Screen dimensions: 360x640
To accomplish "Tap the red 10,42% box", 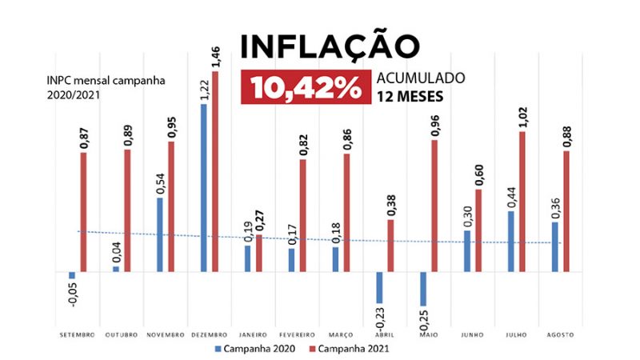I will click(x=306, y=88).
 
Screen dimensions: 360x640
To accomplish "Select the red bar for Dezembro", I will click(x=215, y=171).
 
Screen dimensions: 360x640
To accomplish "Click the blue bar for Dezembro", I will click(x=204, y=187).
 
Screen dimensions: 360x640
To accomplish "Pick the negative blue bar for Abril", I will click(x=380, y=287).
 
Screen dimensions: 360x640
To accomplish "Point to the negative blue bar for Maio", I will click(x=424, y=289).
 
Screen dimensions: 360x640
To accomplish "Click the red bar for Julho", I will click(x=522, y=202).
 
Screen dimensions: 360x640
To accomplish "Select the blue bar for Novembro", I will click(x=160, y=234).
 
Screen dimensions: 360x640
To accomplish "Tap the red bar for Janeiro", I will click(x=258, y=253).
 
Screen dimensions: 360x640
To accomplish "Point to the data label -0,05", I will click(x=72, y=295).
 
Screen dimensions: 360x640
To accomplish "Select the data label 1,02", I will click(x=524, y=117).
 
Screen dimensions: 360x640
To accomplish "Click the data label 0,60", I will click(x=479, y=175).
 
